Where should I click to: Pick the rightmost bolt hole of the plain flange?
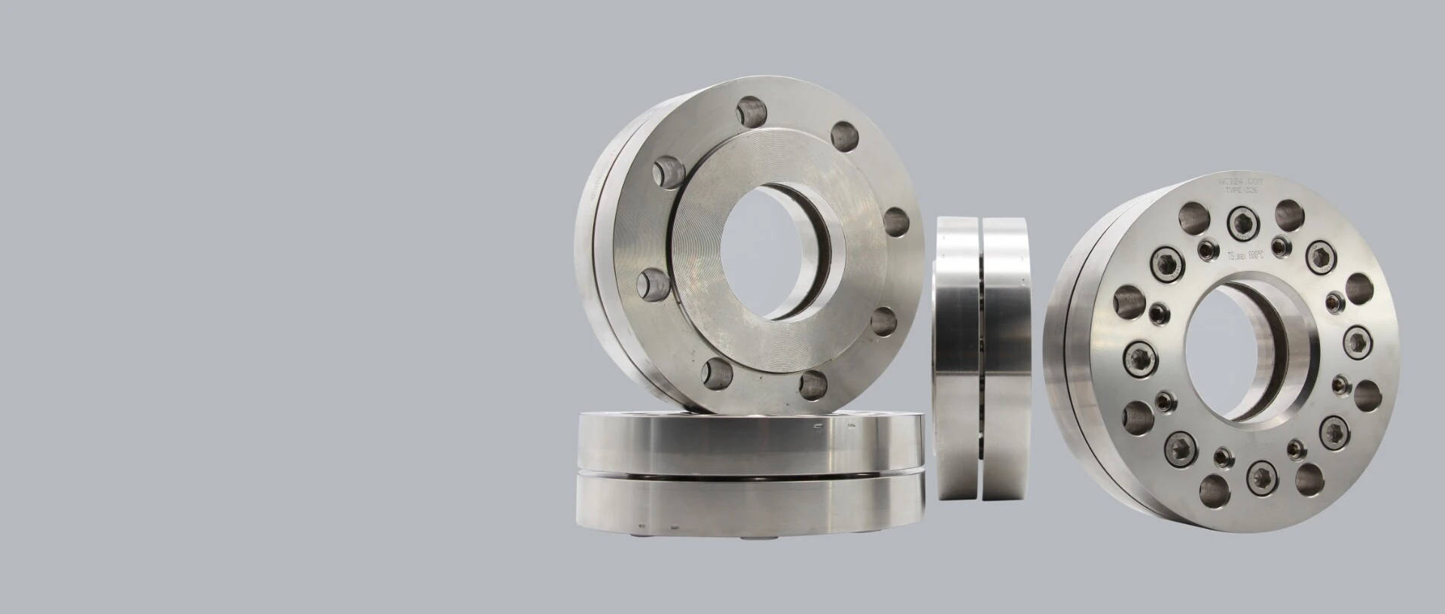895,222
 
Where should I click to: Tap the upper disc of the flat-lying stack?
749,443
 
